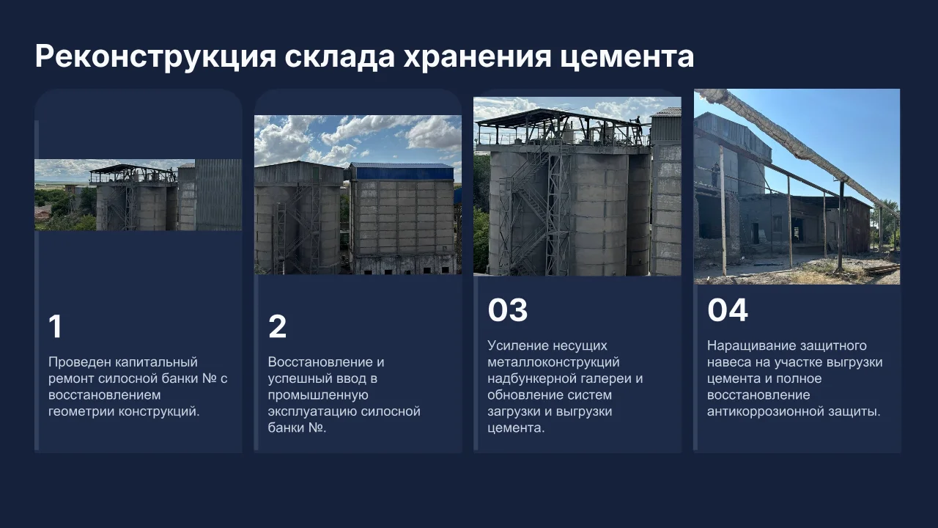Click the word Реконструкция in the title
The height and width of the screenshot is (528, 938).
(x=156, y=56)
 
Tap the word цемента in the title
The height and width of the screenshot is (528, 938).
(x=627, y=57)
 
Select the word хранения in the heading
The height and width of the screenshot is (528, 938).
(x=477, y=57)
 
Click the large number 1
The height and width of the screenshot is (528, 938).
(x=55, y=326)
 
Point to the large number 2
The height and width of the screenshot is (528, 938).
(x=277, y=326)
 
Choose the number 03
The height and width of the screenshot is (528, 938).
(x=508, y=309)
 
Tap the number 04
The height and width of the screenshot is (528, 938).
(x=728, y=309)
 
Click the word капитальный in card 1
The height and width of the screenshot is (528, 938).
(x=156, y=362)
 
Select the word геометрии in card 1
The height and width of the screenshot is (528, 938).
(x=81, y=411)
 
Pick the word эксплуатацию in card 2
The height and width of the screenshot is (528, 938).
(x=312, y=411)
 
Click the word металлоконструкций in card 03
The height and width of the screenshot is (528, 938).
(x=553, y=362)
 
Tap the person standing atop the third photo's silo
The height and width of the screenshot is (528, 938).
(x=638, y=125)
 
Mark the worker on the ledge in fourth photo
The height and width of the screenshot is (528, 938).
(x=714, y=175)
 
